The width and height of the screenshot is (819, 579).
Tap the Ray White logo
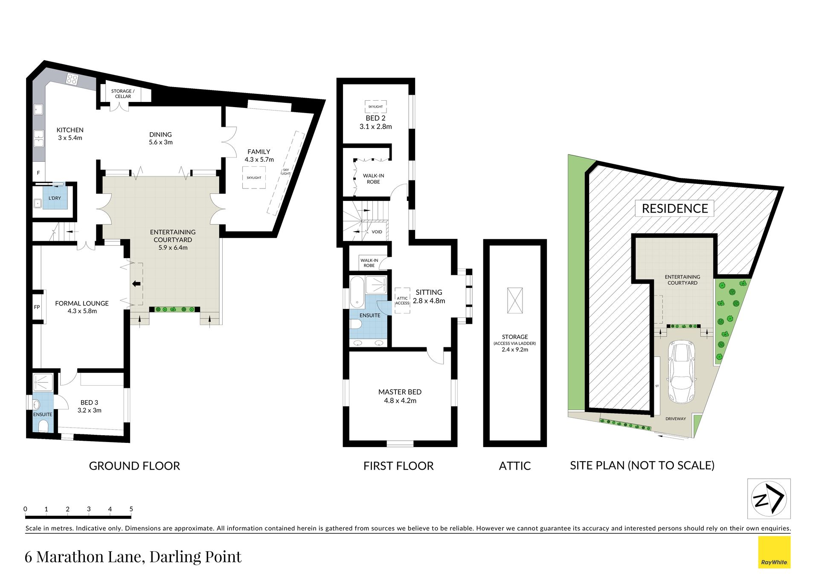pyautogui.click(x=774, y=553)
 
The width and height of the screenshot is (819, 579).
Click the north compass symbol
pyautogui.click(x=769, y=498)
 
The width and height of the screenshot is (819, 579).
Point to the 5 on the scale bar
pyautogui.click(x=131, y=509)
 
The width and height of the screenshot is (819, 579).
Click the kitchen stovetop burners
pyautogui.click(x=72, y=79)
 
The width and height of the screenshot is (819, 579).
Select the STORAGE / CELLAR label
pyautogui.click(x=123, y=94)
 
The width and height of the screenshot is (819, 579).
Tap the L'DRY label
pyautogui.click(x=55, y=198)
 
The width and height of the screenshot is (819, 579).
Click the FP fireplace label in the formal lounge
pyautogui.click(x=37, y=307)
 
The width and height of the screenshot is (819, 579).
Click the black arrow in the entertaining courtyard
pyautogui.click(x=136, y=284)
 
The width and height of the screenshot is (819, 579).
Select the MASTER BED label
pyautogui.click(x=400, y=392)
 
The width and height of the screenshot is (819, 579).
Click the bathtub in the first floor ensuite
pyautogui.click(x=357, y=292)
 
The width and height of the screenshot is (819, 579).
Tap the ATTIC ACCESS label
pyautogui.click(x=402, y=301)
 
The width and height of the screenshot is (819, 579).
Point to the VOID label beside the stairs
pyautogui.click(x=377, y=232)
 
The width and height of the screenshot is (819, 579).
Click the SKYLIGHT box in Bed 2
pyautogui.click(x=376, y=106)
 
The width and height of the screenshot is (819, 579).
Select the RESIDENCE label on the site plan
pyautogui.click(x=675, y=208)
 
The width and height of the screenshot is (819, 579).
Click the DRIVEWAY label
pyautogui.click(x=676, y=419)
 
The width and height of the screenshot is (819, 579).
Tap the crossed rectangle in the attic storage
pyautogui.click(x=515, y=300)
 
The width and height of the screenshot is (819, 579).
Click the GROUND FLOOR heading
pyautogui.click(x=134, y=466)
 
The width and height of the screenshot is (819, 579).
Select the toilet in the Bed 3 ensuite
pyautogui.click(x=43, y=426)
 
